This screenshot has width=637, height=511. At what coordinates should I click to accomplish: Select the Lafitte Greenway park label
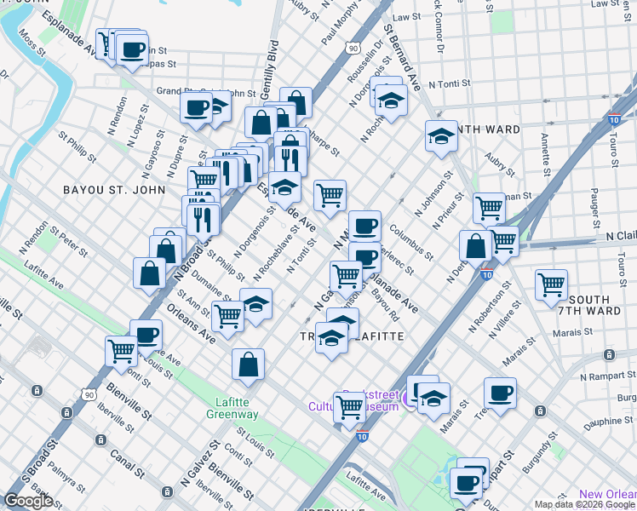232,408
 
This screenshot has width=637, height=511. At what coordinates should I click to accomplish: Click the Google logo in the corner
28,501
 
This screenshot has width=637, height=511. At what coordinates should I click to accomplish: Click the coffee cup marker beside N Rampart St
500,392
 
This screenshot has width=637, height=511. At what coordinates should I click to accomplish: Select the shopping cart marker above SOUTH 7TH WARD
552,284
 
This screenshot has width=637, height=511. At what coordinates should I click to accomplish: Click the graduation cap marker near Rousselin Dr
391,100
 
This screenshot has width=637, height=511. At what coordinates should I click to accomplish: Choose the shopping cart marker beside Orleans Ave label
227,315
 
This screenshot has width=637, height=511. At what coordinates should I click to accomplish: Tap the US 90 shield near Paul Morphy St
353,49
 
